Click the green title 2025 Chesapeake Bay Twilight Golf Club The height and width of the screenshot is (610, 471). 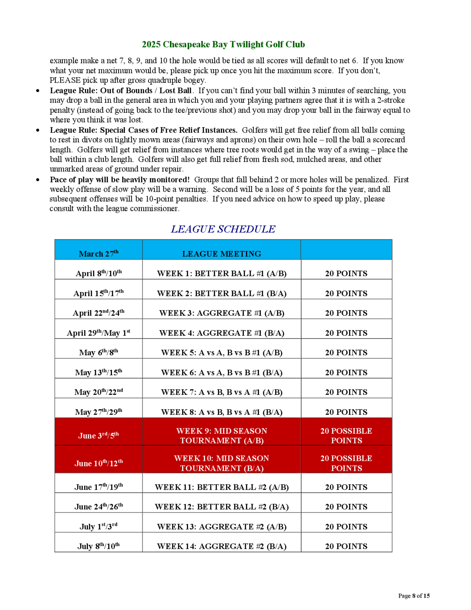[x=223, y=44]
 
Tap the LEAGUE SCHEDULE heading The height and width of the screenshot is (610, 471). [x=223, y=229]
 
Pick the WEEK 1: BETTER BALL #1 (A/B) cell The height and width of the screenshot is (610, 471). [x=222, y=273]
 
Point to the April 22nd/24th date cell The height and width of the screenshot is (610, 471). [x=98, y=313]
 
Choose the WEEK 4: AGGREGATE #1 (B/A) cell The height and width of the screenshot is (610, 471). [x=222, y=333]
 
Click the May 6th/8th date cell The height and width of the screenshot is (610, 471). [x=98, y=352]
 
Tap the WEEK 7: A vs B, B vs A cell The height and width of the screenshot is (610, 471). [x=222, y=392]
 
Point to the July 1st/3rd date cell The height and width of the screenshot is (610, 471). [x=98, y=527]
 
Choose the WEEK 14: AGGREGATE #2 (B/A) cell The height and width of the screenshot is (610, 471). [x=222, y=546]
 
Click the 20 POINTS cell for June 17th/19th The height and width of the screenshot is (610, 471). [x=346, y=487]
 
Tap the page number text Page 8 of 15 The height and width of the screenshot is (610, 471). [x=414, y=596]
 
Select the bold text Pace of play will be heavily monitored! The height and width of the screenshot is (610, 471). [x=120, y=179]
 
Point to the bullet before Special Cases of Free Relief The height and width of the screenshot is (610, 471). [x=38, y=130]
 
